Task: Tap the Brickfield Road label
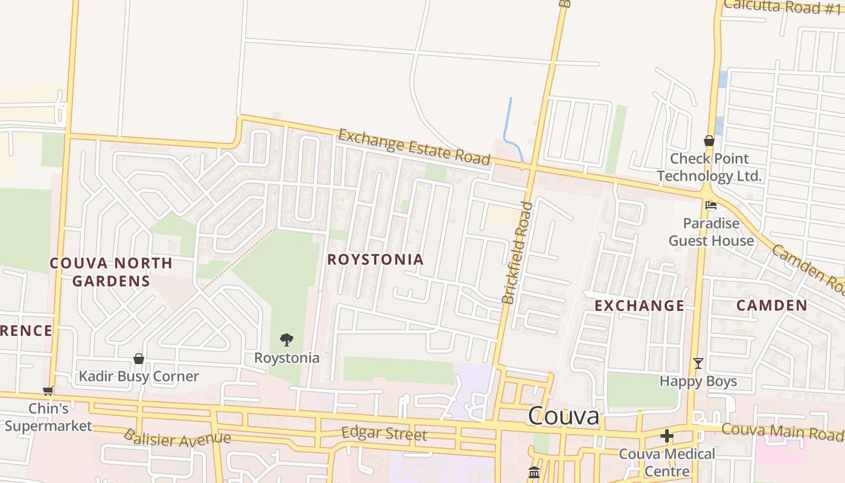[x=517, y=253]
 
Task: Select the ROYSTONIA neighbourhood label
[x=375, y=260]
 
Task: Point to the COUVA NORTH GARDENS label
[x=111, y=272]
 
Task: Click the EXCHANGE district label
[x=639, y=305]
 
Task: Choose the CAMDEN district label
[x=771, y=305]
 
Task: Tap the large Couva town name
[x=564, y=416]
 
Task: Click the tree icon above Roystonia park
[x=287, y=340]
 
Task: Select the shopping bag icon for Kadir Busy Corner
[x=139, y=359]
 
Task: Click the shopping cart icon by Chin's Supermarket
[x=48, y=391]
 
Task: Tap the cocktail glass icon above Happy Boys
[x=698, y=363]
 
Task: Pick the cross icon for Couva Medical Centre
[x=667, y=435]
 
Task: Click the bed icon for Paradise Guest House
[x=711, y=205]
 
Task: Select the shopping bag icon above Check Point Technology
[x=709, y=141]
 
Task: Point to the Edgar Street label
[x=384, y=433]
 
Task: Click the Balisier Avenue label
[x=177, y=438]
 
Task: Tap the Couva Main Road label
[x=782, y=431]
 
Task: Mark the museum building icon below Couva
[x=534, y=472]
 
